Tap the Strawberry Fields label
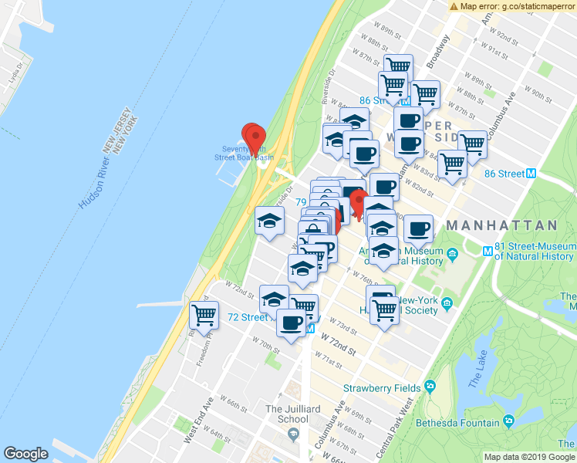tap(382, 387)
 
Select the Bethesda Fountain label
tap(460, 421)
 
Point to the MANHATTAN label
tap(501, 225)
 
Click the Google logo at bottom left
tap(25, 454)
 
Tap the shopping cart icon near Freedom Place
tap(204, 315)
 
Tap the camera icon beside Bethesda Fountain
tap(508, 421)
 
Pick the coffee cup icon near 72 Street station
tap(291, 325)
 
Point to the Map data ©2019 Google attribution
tap(529, 457)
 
